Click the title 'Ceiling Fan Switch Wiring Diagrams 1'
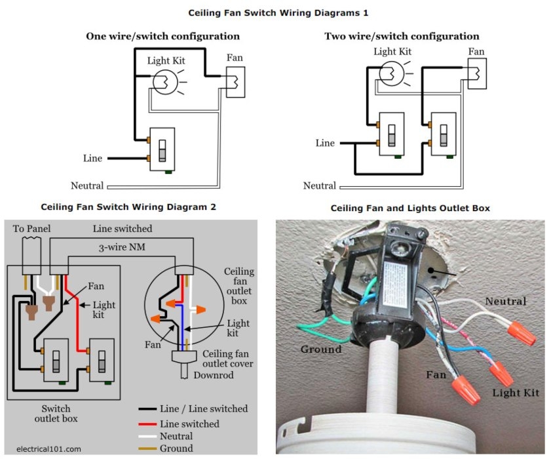pos(275,12)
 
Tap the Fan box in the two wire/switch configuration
pos(476,73)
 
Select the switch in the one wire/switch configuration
pos(162,149)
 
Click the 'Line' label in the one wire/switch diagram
pos(92,159)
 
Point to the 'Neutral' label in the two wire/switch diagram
pos(320,186)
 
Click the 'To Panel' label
pos(31,228)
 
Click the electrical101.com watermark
pos(47,449)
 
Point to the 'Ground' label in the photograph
pos(320,349)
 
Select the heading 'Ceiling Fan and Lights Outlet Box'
pos(410,208)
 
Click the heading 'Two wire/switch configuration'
pos(402,36)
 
